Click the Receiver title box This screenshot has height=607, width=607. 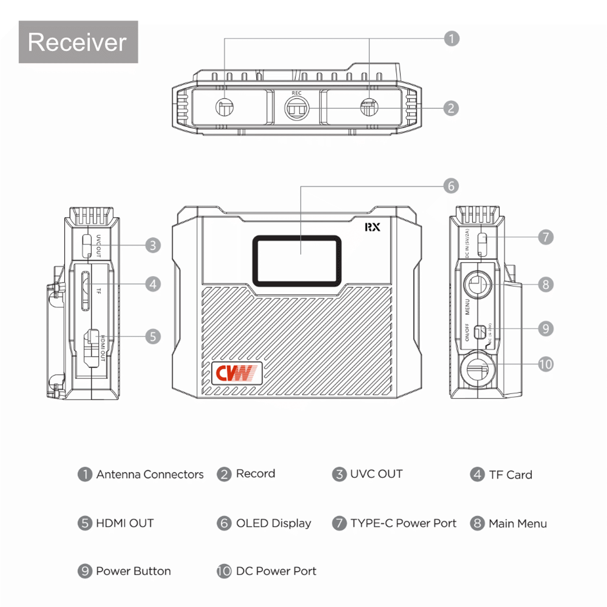click(78, 42)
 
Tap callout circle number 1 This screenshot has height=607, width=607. click(452, 39)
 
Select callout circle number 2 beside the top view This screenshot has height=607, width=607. click(451, 108)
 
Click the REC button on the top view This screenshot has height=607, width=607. click(297, 108)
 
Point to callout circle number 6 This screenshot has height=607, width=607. click(451, 186)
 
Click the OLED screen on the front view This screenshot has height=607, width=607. click(297, 261)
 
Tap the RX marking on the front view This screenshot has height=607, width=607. click(372, 227)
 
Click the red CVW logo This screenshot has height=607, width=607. click(237, 373)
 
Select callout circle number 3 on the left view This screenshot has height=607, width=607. click(153, 245)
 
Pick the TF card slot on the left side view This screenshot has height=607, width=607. click(85, 291)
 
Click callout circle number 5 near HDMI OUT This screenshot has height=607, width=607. click(153, 337)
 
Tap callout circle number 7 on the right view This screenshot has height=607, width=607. click(546, 237)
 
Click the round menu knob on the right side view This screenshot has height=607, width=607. click(477, 285)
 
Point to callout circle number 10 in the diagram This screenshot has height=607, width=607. click(546, 365)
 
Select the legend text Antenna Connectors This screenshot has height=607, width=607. click(150, 474)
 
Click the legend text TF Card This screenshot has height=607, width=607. click(510, 475)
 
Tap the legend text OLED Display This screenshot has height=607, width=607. click(273, 523)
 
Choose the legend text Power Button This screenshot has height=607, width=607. click(133, 571)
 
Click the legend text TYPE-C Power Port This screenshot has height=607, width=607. click(403, 523)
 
